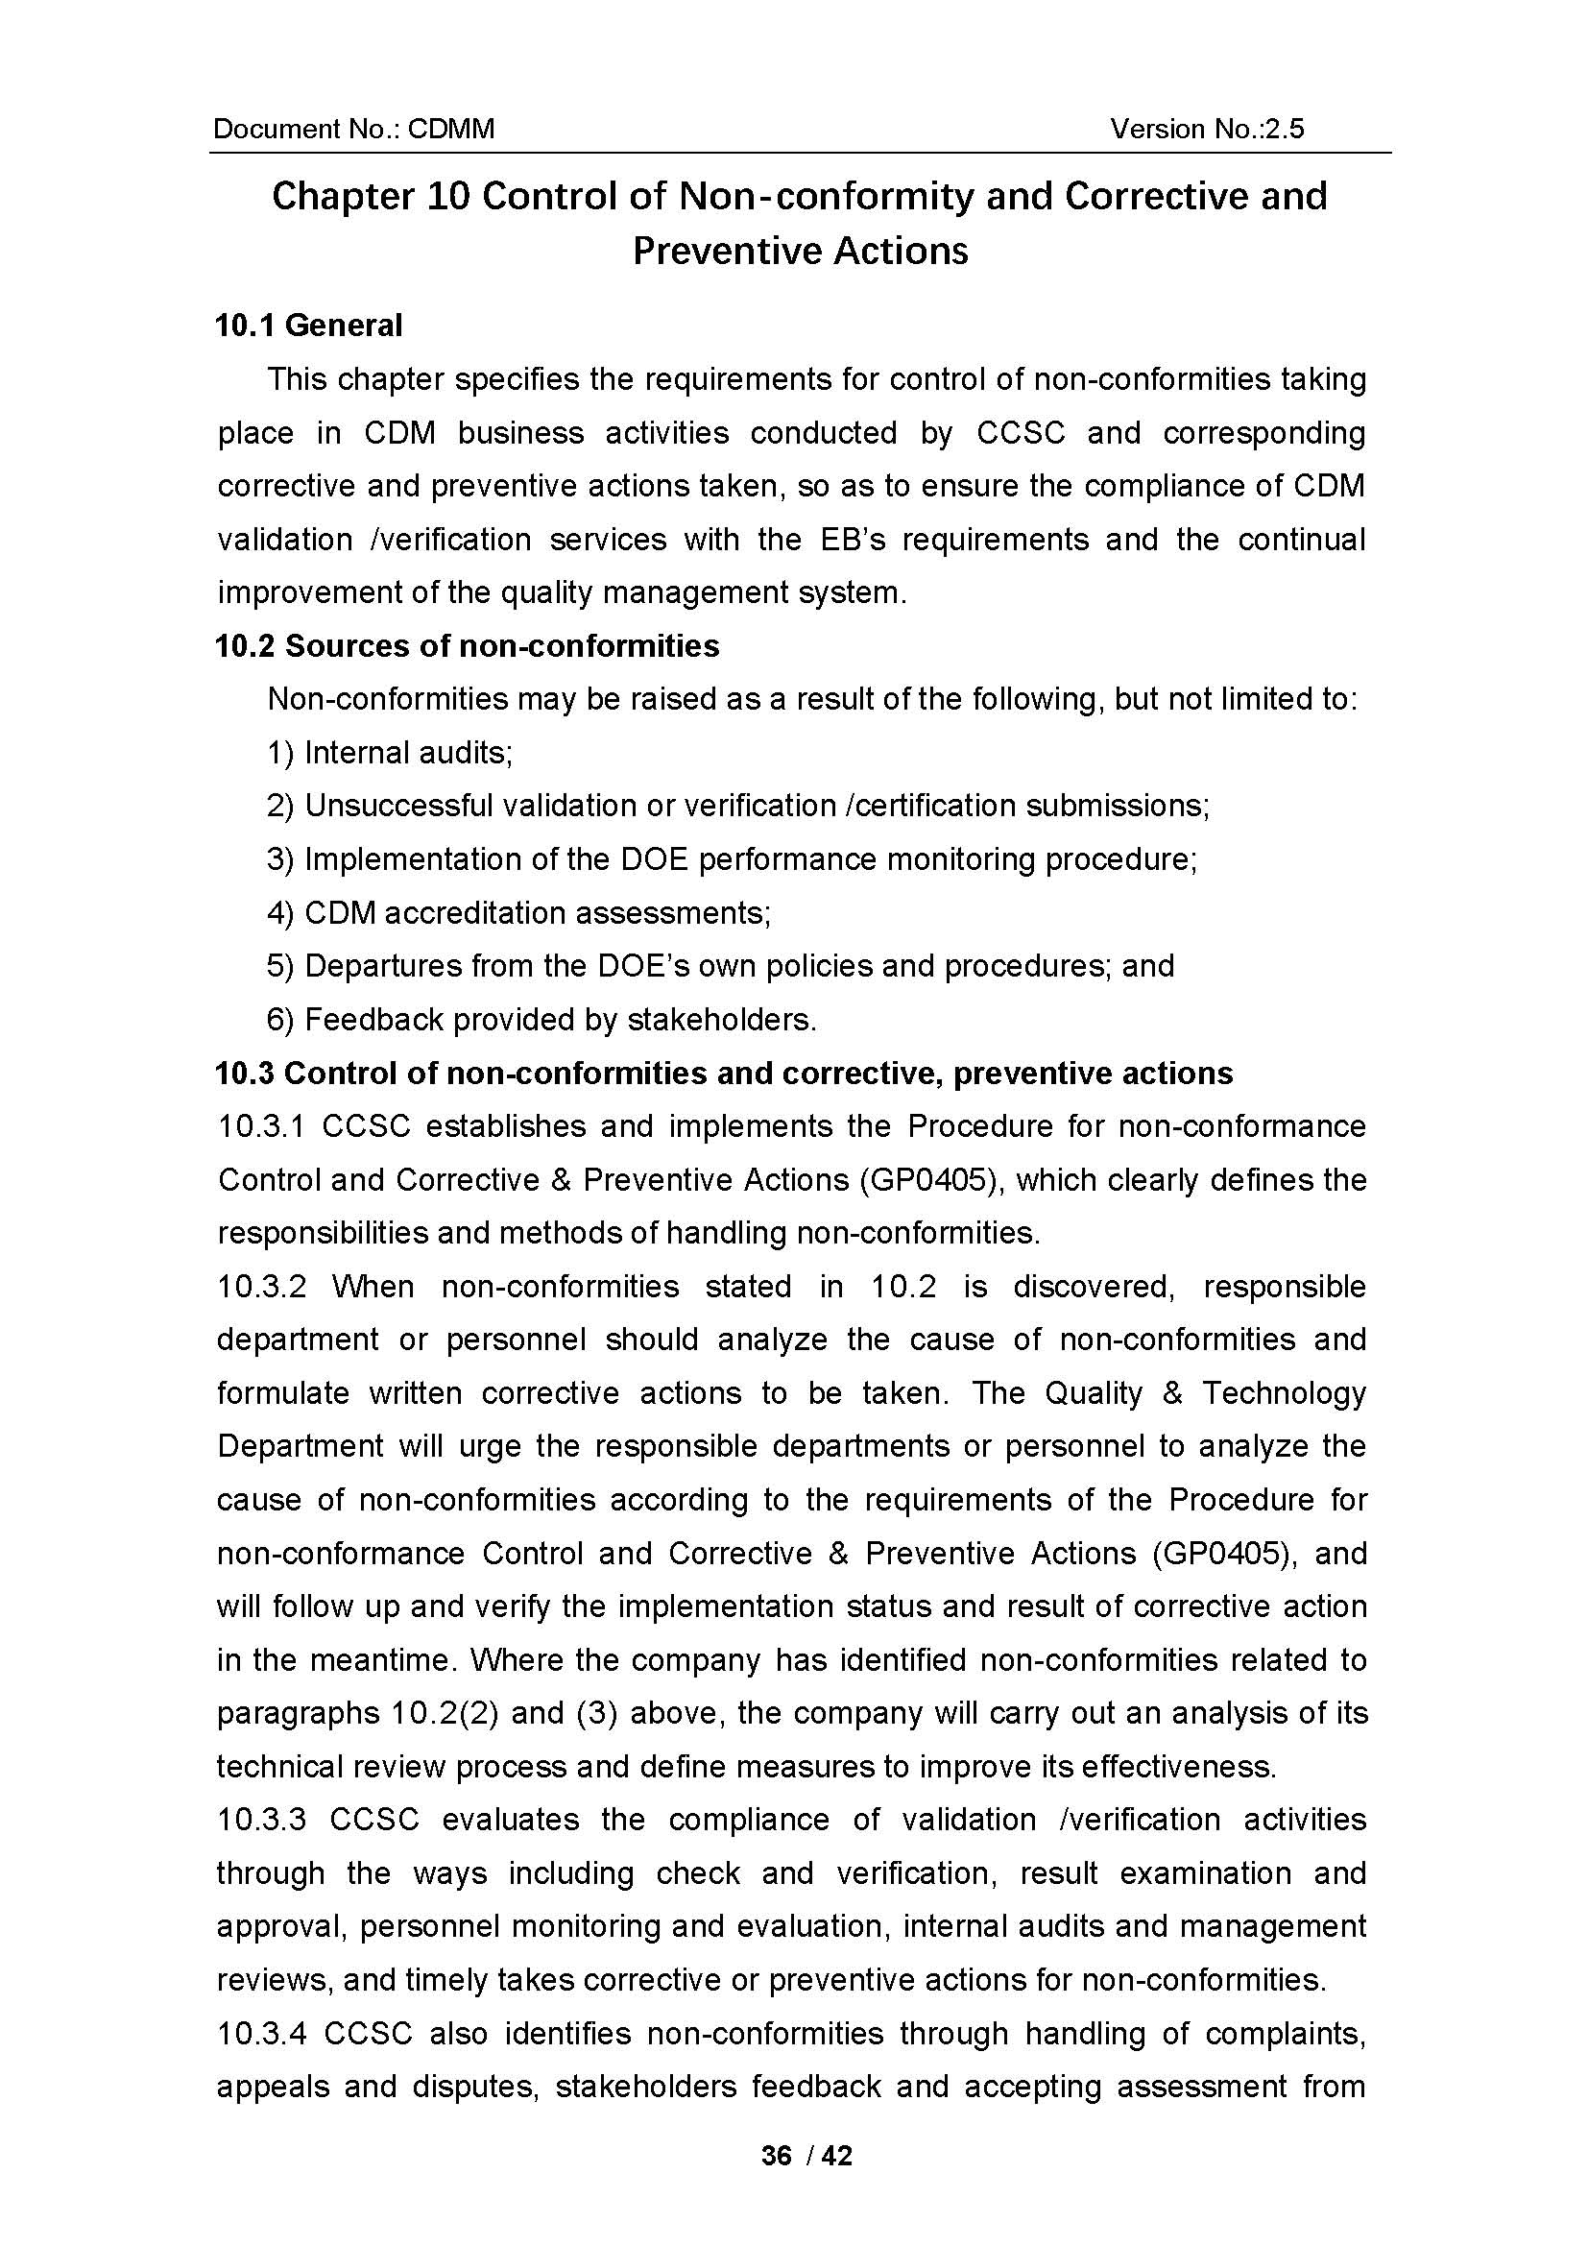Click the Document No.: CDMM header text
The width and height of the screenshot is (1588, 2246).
click(354, 129)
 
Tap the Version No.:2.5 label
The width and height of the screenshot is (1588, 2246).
click(1207, 129)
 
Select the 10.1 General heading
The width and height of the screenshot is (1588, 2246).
click(308, 326)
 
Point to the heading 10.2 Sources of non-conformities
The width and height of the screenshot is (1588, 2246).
click(468, 646)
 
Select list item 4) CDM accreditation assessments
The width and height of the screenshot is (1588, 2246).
click(519, 913)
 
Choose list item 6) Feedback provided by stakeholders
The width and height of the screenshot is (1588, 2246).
click(541, 1021)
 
